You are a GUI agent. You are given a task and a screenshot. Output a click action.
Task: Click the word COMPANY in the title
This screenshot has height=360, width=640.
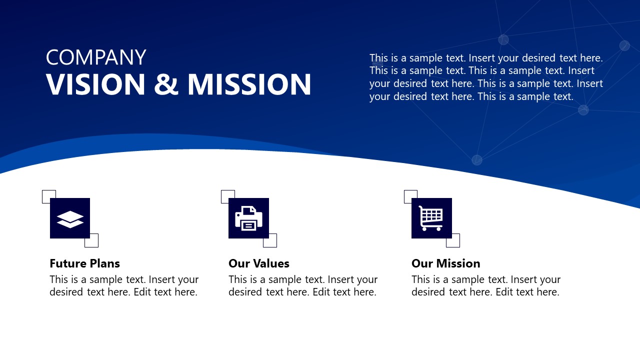(x=96, y=57)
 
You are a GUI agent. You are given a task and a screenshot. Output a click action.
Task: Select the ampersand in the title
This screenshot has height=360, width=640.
(x=166, y=84)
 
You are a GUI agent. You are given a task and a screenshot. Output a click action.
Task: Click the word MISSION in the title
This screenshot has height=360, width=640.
(x=249, y=84)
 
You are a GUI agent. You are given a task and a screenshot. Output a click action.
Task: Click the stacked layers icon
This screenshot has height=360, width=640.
(x=70, y=218)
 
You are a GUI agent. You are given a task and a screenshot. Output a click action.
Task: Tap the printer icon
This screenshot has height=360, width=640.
(x=248, y=218)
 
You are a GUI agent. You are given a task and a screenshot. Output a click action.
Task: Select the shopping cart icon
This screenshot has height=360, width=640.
(x=431, y=218)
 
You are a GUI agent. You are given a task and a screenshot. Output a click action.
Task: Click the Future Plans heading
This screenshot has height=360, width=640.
(x=84, y=263)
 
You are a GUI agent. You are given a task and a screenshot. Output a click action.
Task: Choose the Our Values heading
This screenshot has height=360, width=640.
(x=258, y=263)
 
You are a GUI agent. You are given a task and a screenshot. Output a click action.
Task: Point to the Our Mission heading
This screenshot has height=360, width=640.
(x=445, y=263)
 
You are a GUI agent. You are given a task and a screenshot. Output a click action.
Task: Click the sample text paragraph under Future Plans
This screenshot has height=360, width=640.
(x=124, y=286)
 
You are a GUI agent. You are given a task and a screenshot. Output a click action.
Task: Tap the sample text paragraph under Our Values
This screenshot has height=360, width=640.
(x=303, y=286)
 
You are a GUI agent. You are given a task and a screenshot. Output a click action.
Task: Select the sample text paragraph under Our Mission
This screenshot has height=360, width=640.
(x=486, y=286)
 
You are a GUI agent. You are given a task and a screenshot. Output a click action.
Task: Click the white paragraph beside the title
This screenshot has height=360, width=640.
(x=486, y=77)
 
